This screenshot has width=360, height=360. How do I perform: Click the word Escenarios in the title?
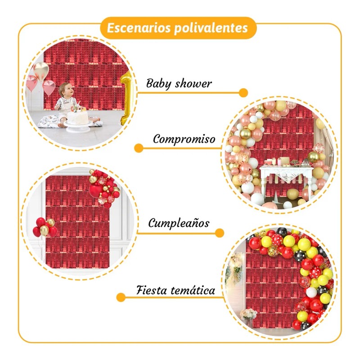134,28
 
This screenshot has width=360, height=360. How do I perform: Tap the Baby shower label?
179,83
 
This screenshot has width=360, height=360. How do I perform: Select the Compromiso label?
184,139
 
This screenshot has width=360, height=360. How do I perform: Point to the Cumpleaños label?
179,223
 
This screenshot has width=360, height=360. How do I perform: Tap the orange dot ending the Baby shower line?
243,93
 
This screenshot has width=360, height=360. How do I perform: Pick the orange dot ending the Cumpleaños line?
220,233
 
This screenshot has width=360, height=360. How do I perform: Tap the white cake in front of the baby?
78,118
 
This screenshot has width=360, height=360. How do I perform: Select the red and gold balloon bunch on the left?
44,227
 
